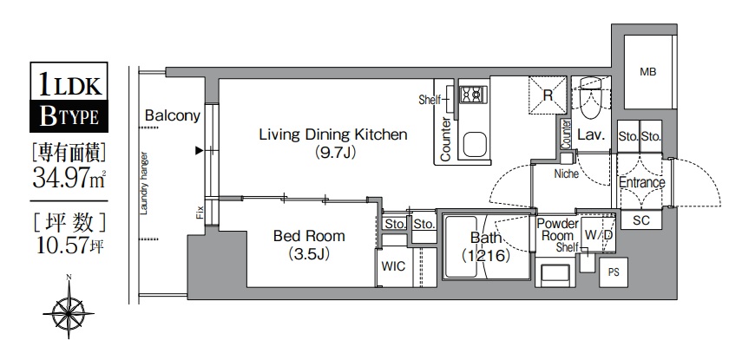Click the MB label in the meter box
click(647, 72)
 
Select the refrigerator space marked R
click(548, 95)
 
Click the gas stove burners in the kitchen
click(471, 95)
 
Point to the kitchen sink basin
click(475, 145)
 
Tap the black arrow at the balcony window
click(200, 151)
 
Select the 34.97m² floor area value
click(69, 179)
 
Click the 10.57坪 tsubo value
click(69, 245)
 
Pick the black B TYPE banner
click(69, 116)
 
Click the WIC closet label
click(393, 266)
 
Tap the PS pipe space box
click(614, 272)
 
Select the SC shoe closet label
click(641, 219)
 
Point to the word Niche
click(567, 174)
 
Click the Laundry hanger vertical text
click(145, 183)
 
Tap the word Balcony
click(172, 116)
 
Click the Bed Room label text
click(309, 236)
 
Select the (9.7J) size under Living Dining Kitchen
click(333, 153)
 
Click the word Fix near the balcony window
click(200, 213)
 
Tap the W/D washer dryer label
click(599, 235)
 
